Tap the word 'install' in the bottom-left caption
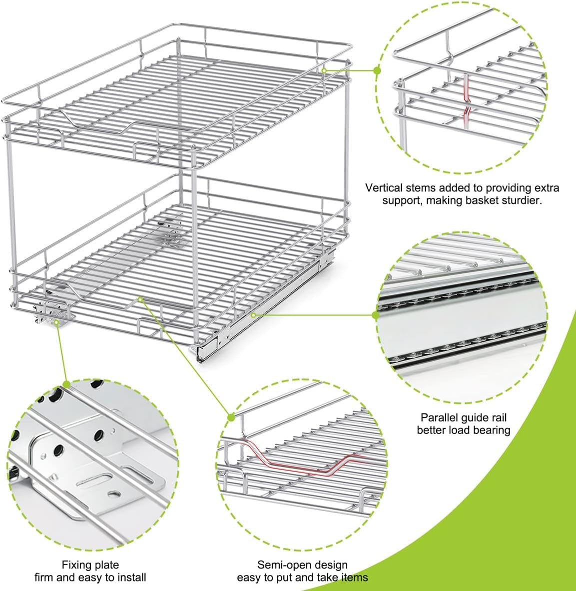click(132, 577)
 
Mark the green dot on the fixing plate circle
click(66, 384)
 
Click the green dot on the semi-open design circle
click(231, 417)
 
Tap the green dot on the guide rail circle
click(376, 315)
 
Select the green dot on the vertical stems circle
click(377, 70)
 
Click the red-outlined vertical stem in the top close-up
click(467, 102)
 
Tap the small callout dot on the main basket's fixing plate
click(56, 322)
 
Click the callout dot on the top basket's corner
click(324, 70)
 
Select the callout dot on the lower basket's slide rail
click(253, 315)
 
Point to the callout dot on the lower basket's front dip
click(140, 299)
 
